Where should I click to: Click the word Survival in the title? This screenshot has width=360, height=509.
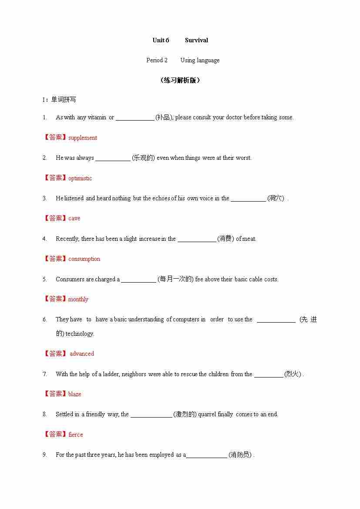tap(196, 40)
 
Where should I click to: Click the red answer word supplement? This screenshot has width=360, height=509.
tap(83, 138)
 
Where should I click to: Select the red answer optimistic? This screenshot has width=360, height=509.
tap(80, 178)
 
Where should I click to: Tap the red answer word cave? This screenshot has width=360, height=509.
tap(74, 218)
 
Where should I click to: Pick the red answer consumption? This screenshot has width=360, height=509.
tap(84, 259)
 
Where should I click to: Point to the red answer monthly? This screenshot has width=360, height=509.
tap(78, 299)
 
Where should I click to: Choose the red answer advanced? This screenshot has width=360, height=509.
tap(82, 354)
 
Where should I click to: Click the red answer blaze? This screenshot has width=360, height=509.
tap(75, 394)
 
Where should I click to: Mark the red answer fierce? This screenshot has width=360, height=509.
tap(75, 434)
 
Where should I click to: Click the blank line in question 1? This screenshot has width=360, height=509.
tap(135, 118)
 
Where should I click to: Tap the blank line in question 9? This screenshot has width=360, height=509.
tap(206, 455)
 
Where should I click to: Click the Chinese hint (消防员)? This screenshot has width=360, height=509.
tap(240, 455)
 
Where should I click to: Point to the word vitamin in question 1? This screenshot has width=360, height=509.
tap(97, 117)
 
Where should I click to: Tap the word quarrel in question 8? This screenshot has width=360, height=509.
tap(207, 414)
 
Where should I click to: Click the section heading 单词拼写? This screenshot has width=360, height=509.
tap(64, 99)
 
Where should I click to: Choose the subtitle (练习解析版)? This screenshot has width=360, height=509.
tap(180, 80)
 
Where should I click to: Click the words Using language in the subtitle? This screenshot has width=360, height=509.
tap(200, 60)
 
